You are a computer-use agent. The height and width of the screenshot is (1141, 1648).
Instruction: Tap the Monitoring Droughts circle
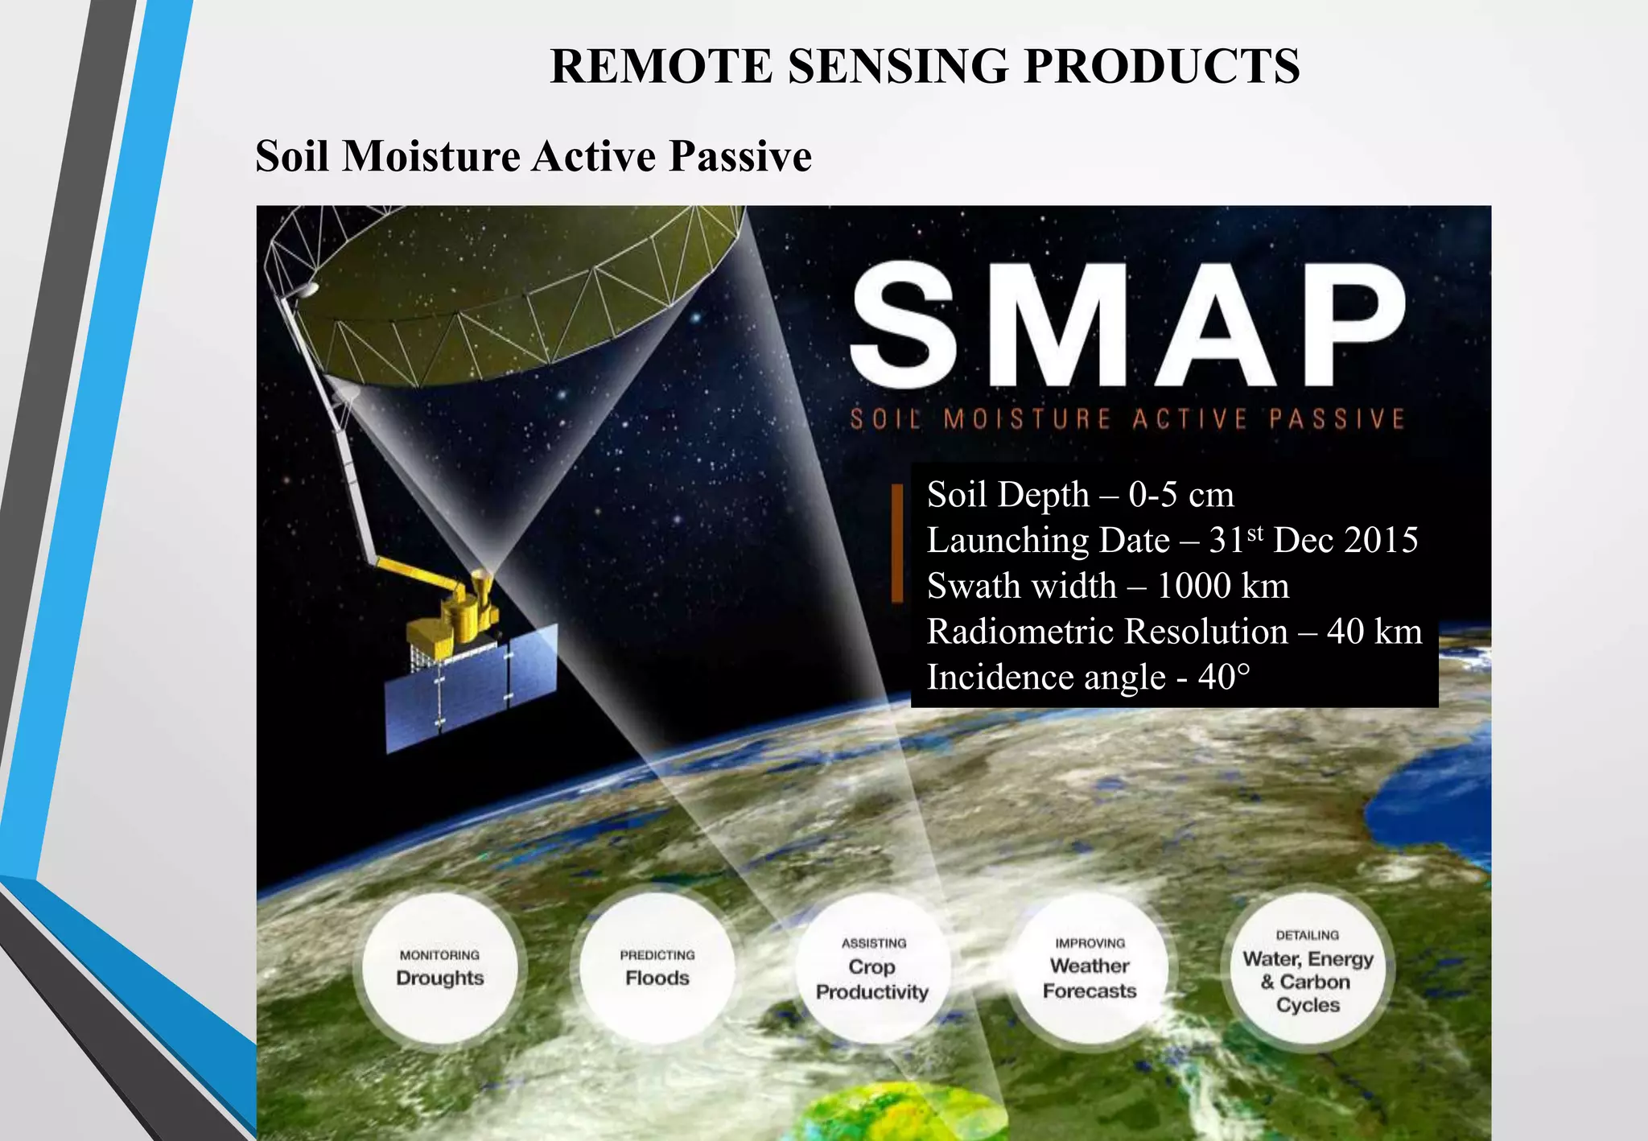point(440,968)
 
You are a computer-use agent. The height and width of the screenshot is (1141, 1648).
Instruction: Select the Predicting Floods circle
point(657,968)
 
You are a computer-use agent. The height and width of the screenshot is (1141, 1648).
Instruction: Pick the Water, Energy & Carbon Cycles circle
point(1308,970)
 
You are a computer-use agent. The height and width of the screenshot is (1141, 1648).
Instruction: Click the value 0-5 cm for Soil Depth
point(1180,494)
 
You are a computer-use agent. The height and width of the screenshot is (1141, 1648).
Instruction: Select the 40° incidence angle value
point(1225,678)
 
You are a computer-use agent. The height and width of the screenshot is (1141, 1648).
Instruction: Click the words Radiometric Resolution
point(1107,632)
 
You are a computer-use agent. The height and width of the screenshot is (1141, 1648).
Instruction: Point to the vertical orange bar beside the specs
point(897,543)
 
